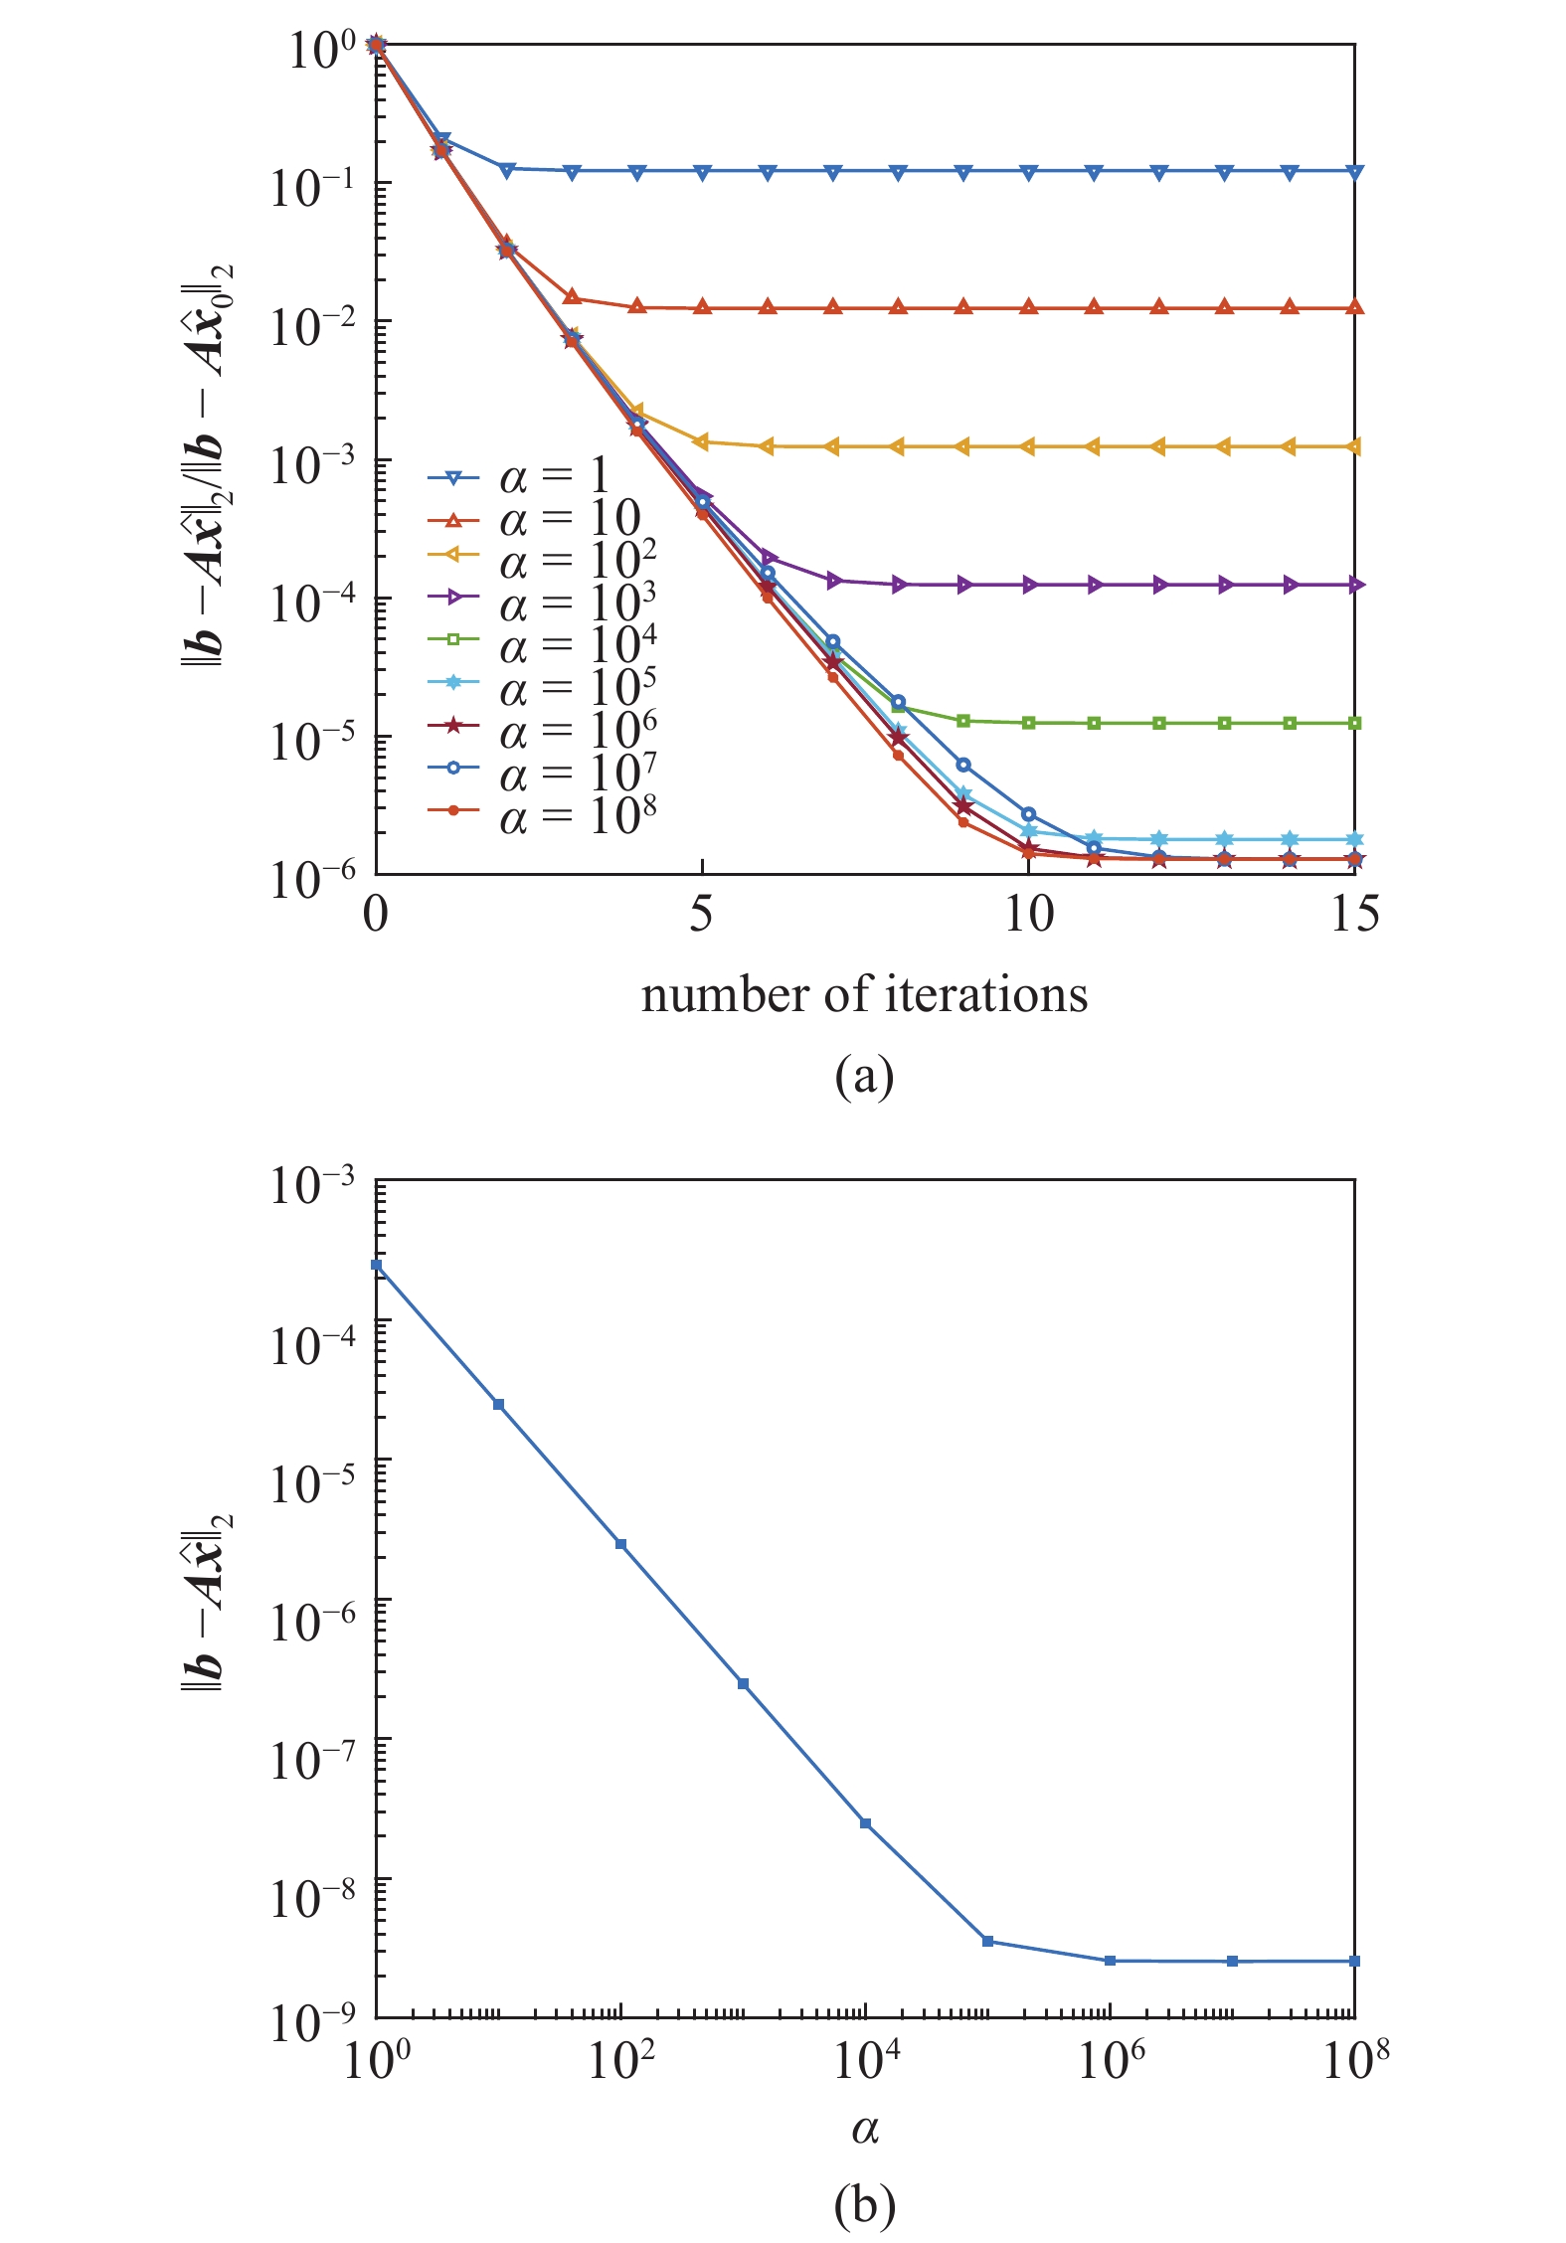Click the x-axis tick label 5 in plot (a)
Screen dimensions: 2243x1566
pyautogui.click(x=702, y=913)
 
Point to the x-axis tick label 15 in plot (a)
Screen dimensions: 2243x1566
pyautogui.click(x=1354, y=913)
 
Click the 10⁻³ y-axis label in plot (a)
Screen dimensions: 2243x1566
pyautogui.click(x=312, y=463)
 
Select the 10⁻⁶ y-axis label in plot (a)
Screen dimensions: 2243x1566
pyautogui.click(x=312, y=879)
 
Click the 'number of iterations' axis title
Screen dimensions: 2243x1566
pyautogui.click(x=864, y=995)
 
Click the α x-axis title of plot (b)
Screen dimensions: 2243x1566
pyautogui.click(x=864, y=2129)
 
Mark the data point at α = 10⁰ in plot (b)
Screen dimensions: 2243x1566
pyautogui.click(x=377, y=1265)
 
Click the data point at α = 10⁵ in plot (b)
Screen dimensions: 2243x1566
pyautogui.click(x=987, y=1941)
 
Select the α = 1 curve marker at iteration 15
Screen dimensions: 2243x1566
pyautogui.click(x=1354, y=171)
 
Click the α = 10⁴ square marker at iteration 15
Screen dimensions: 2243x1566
pyautogui.click(x=1354, y=723)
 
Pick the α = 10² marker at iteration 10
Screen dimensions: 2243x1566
pyautogui.click(x=1028, y=446)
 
